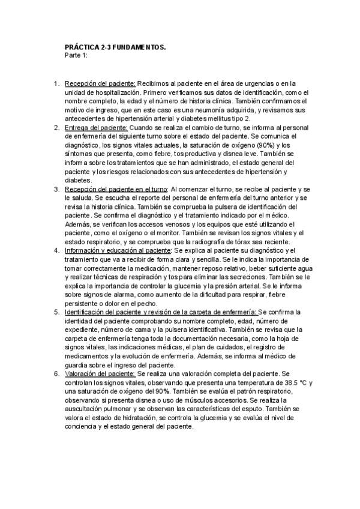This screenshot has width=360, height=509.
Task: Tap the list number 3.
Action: pyautogui.click(x=56, y=189)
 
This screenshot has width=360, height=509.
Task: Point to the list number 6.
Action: pyautogui.click(x=56, y=373)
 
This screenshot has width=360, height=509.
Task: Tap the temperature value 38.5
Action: pyautogui.click(x=260, y=382)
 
